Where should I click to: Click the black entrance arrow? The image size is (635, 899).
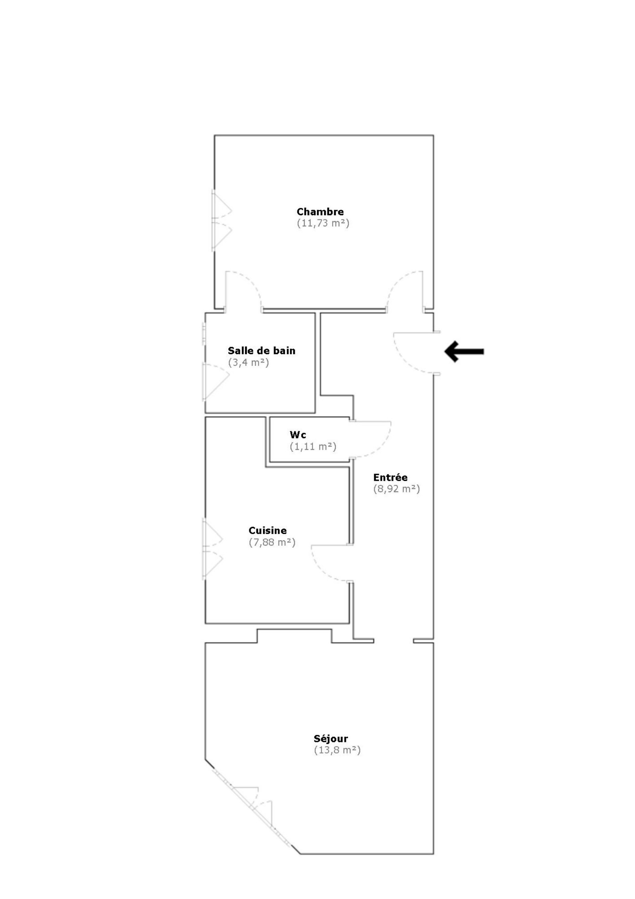point(464,351)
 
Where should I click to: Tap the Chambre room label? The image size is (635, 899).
point(320,212)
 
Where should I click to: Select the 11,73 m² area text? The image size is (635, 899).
point(323,224)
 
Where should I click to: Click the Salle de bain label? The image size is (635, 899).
point(261,351)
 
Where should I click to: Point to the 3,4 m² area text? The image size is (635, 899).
point(248,362)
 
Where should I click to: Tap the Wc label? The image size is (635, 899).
point(298,435)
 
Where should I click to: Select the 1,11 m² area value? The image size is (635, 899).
point(313,446)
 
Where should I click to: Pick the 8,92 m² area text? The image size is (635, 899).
point(396,489)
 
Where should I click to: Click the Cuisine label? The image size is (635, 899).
point(268,530)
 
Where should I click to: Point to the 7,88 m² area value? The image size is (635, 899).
point(272,542)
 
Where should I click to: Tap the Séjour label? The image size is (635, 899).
point(331,739)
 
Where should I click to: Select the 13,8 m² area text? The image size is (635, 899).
point(337,750)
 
